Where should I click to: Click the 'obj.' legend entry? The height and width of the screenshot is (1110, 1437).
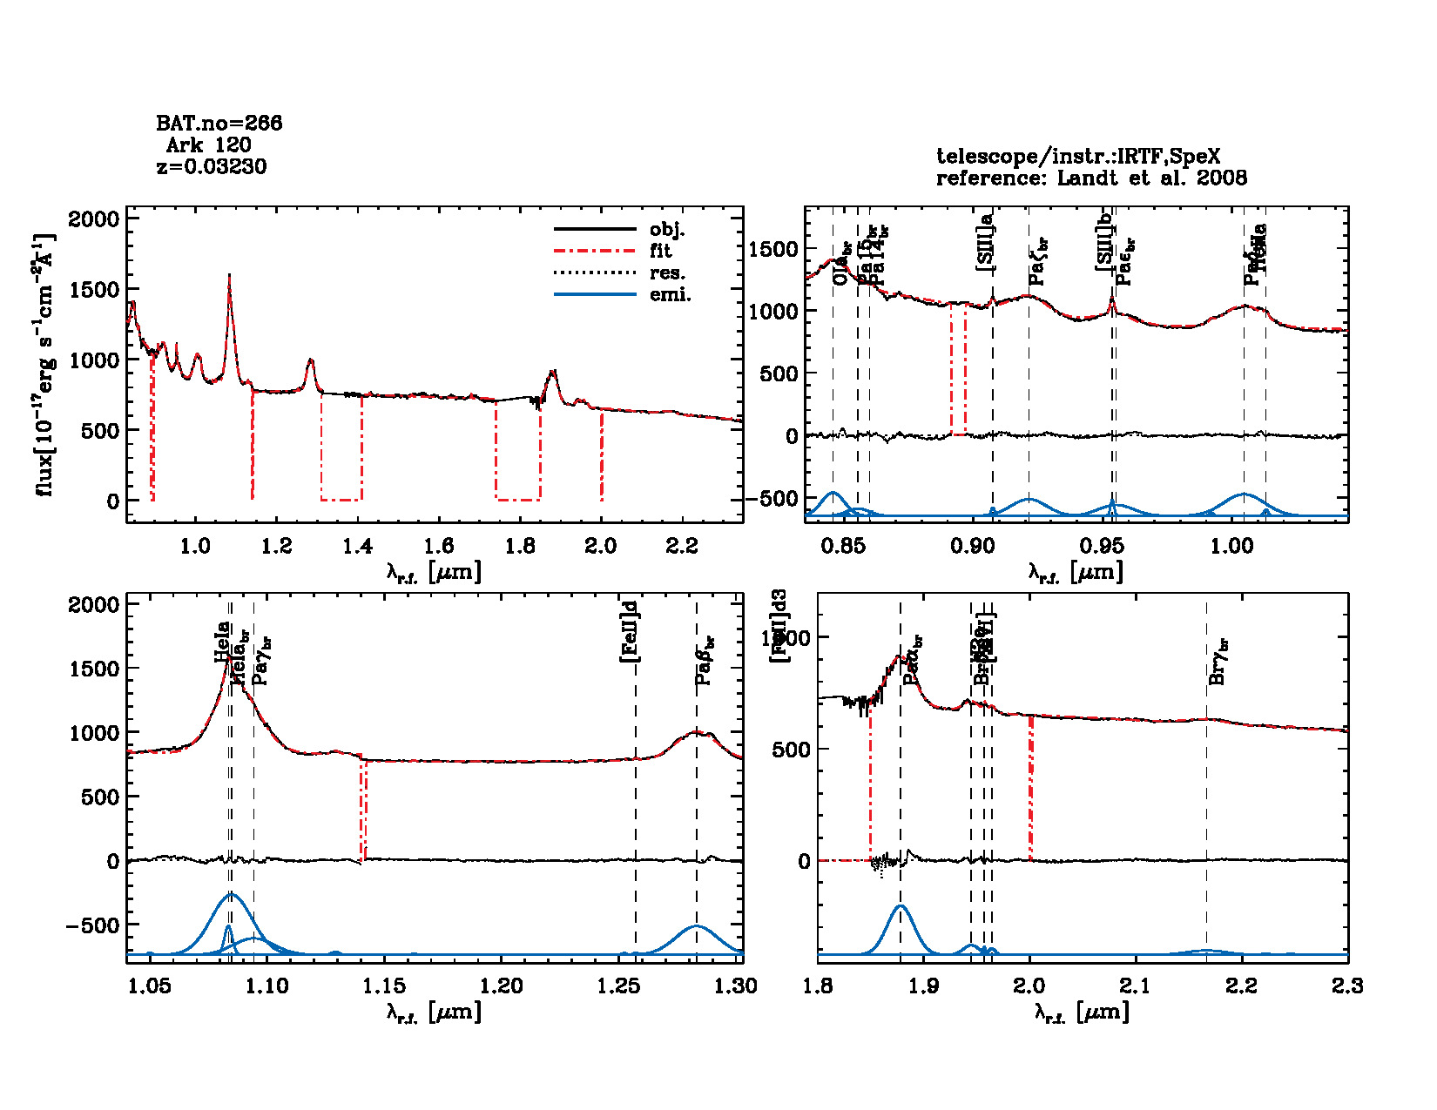[667, 230]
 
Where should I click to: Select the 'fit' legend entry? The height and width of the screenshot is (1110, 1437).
[660, 252]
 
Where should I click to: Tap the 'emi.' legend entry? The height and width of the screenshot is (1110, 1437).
[670, 295]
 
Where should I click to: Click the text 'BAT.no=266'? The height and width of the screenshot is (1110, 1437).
[219, 124]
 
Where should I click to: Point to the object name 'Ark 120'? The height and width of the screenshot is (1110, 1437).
[208, 145]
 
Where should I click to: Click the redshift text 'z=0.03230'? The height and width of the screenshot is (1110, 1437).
[212, 166]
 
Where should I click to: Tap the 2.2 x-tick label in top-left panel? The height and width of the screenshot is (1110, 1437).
[681, 546]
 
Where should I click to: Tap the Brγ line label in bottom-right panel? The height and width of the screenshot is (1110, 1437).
[1218, 662]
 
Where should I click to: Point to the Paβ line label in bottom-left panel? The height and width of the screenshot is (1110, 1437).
[704, 662]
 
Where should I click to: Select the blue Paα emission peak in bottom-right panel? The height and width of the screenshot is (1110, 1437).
[901, 906]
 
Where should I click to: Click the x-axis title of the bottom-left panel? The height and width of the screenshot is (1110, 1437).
[434, 1012]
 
